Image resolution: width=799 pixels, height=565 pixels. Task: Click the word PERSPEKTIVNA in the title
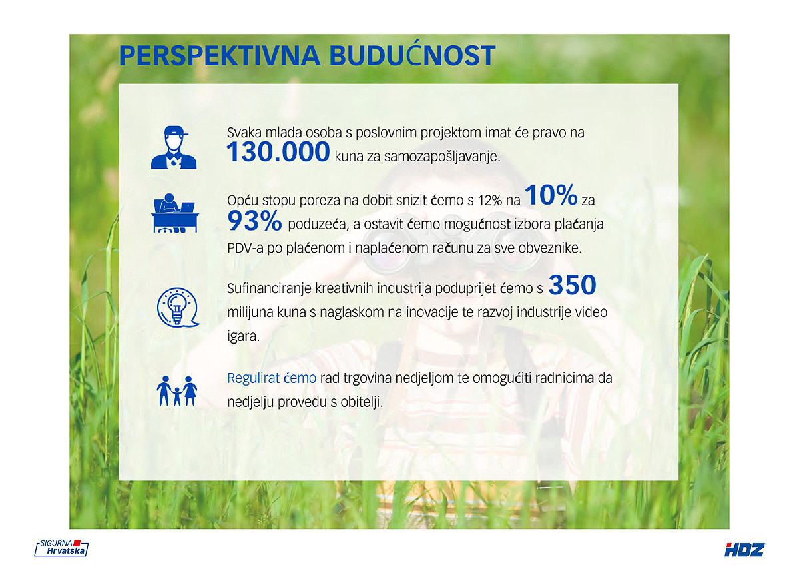(x=219, y=56)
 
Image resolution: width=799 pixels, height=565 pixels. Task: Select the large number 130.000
(x=278, y=151)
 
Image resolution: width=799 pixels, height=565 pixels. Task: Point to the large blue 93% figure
(x=254, y=221)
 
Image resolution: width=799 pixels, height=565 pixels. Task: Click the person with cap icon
(x=174, y=147)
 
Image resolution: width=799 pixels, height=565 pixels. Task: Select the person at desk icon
(x=174, y=213)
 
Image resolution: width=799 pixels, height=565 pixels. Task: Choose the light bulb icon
(x=178, y=308)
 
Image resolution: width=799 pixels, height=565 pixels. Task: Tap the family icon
(x=177, y=391)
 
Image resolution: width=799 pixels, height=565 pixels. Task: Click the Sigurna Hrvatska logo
(x=61, y=548)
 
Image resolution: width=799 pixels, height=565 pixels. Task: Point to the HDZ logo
(x=744, y=550)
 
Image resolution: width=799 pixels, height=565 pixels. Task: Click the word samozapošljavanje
(x=442, y=157)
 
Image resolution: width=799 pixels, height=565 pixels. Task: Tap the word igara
(x=244, y=337)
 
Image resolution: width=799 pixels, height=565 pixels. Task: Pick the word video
(x=591, y=312)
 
